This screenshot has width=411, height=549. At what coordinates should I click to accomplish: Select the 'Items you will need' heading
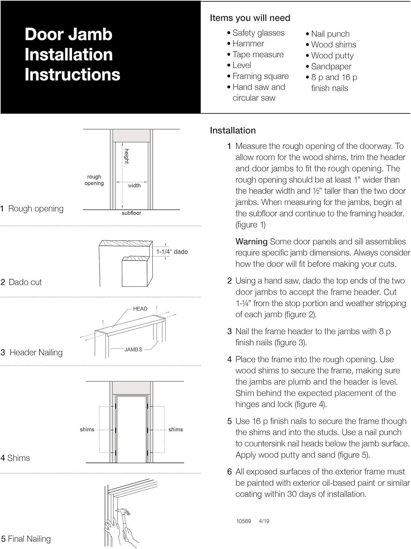point(250,18)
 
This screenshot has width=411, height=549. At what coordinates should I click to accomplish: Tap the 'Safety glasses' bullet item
point(258,33)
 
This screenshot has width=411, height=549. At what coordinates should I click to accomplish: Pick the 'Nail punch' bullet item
point(330,34)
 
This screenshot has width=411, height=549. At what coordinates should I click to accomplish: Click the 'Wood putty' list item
point(332,56)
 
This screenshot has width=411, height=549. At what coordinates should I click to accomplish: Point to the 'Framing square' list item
point(260,76)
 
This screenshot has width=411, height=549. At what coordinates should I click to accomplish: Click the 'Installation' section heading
point(233,130)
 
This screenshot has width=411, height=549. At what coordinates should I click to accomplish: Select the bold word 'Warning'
point(251,242)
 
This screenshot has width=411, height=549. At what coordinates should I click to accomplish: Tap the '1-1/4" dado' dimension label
point(172,252)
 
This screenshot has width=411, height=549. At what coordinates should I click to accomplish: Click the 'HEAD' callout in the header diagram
point(140,309)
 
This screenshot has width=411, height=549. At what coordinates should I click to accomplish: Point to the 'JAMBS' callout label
point(133,350)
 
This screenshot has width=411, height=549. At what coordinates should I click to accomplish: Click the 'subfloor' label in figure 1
point(131,213)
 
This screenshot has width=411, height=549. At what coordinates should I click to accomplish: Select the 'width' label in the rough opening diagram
point(134,186)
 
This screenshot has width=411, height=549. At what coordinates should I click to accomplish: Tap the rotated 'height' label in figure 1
point(127,156)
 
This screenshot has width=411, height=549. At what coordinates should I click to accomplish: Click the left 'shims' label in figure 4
point(87,429)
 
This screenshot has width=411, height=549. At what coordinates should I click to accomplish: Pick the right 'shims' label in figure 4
point(176,429)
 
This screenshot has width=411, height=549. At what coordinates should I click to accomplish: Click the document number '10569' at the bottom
point(244,521)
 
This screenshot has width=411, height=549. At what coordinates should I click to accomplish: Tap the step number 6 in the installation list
point(229,472)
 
